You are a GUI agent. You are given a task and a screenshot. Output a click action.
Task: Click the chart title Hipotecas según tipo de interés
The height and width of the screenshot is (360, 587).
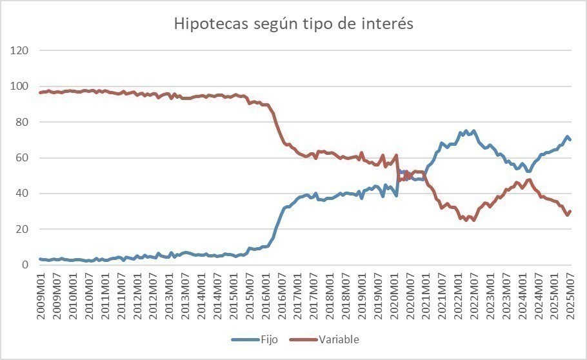click(x=293, y=24)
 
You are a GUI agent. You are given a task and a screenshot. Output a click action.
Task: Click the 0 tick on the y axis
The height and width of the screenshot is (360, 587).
click(x=25, y=265)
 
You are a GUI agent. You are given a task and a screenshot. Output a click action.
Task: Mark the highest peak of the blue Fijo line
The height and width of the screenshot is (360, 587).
click(x=474, y=131)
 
